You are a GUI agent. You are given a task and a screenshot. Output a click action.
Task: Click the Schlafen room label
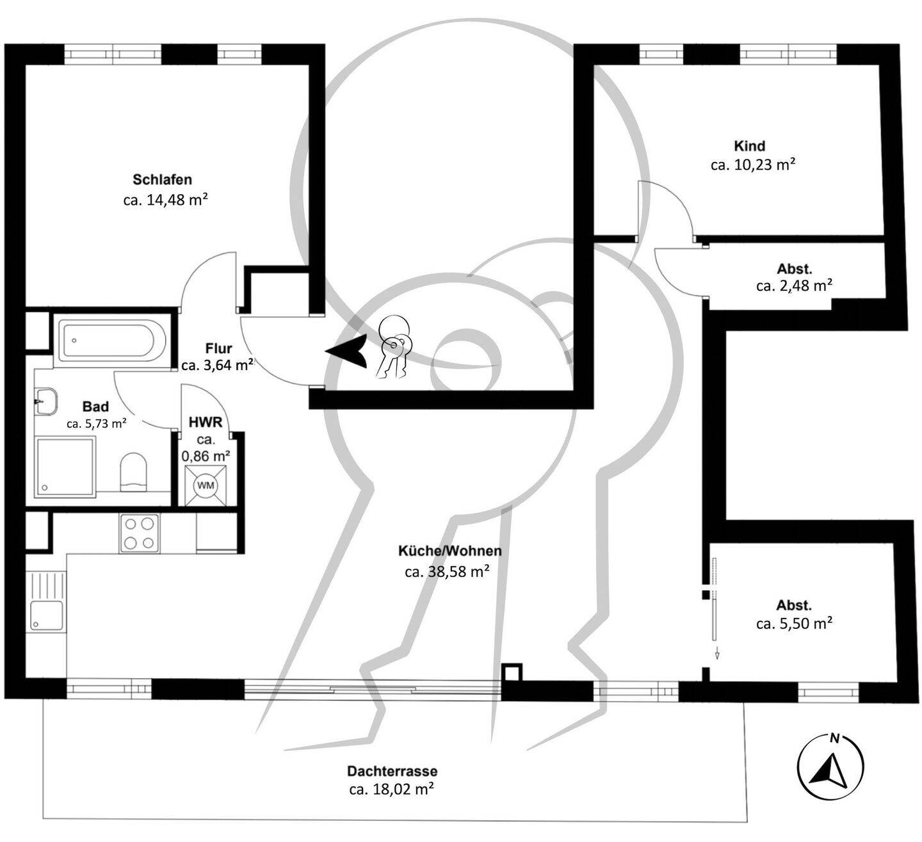coord(162,179)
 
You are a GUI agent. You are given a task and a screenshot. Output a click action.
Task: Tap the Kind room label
coord(750,146)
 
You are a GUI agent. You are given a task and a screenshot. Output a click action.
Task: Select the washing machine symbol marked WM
coord(206,485)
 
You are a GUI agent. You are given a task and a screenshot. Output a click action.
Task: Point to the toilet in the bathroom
coord(133,473)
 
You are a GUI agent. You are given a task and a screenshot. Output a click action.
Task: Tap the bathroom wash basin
coord(46,401)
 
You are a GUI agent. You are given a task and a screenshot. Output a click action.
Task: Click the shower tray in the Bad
coord(66,467)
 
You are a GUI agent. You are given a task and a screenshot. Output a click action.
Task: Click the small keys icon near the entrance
coord(393,347)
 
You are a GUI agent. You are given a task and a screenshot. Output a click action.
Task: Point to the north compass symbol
coord(830,766)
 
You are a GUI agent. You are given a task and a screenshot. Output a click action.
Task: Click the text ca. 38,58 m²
coord(447,571)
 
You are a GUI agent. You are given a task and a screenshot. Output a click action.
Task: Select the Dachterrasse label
coord(392,771)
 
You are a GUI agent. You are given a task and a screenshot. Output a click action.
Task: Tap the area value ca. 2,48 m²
coord(794,286)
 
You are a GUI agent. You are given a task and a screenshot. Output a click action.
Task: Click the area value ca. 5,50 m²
coord(794,623)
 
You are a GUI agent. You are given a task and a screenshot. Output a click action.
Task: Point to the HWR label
coord(206,422)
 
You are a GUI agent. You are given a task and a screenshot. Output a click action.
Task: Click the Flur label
coord(218,348)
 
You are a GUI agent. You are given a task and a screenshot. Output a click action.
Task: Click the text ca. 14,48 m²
coord(165,200)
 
